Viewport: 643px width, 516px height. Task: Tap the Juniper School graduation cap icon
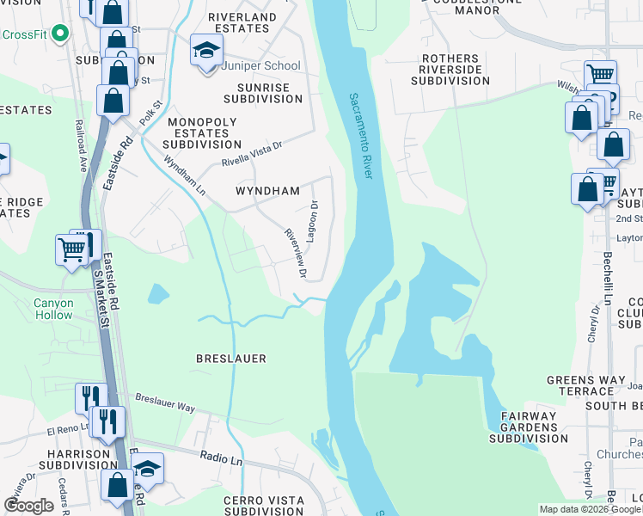coord(205,54)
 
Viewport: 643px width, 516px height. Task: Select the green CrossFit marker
coord(59,34)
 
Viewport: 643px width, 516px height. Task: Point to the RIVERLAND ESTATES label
coord(244,22)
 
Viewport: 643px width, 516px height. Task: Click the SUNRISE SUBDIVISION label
coord(263,93)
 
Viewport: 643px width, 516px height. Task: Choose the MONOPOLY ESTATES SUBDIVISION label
coord(202,133)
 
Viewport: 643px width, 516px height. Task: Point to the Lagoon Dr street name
coord(314,221)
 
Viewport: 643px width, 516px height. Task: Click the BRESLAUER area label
coord(230,358)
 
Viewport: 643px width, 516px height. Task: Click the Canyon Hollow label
coord(53,309)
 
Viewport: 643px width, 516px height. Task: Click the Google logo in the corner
coord(29,506)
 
